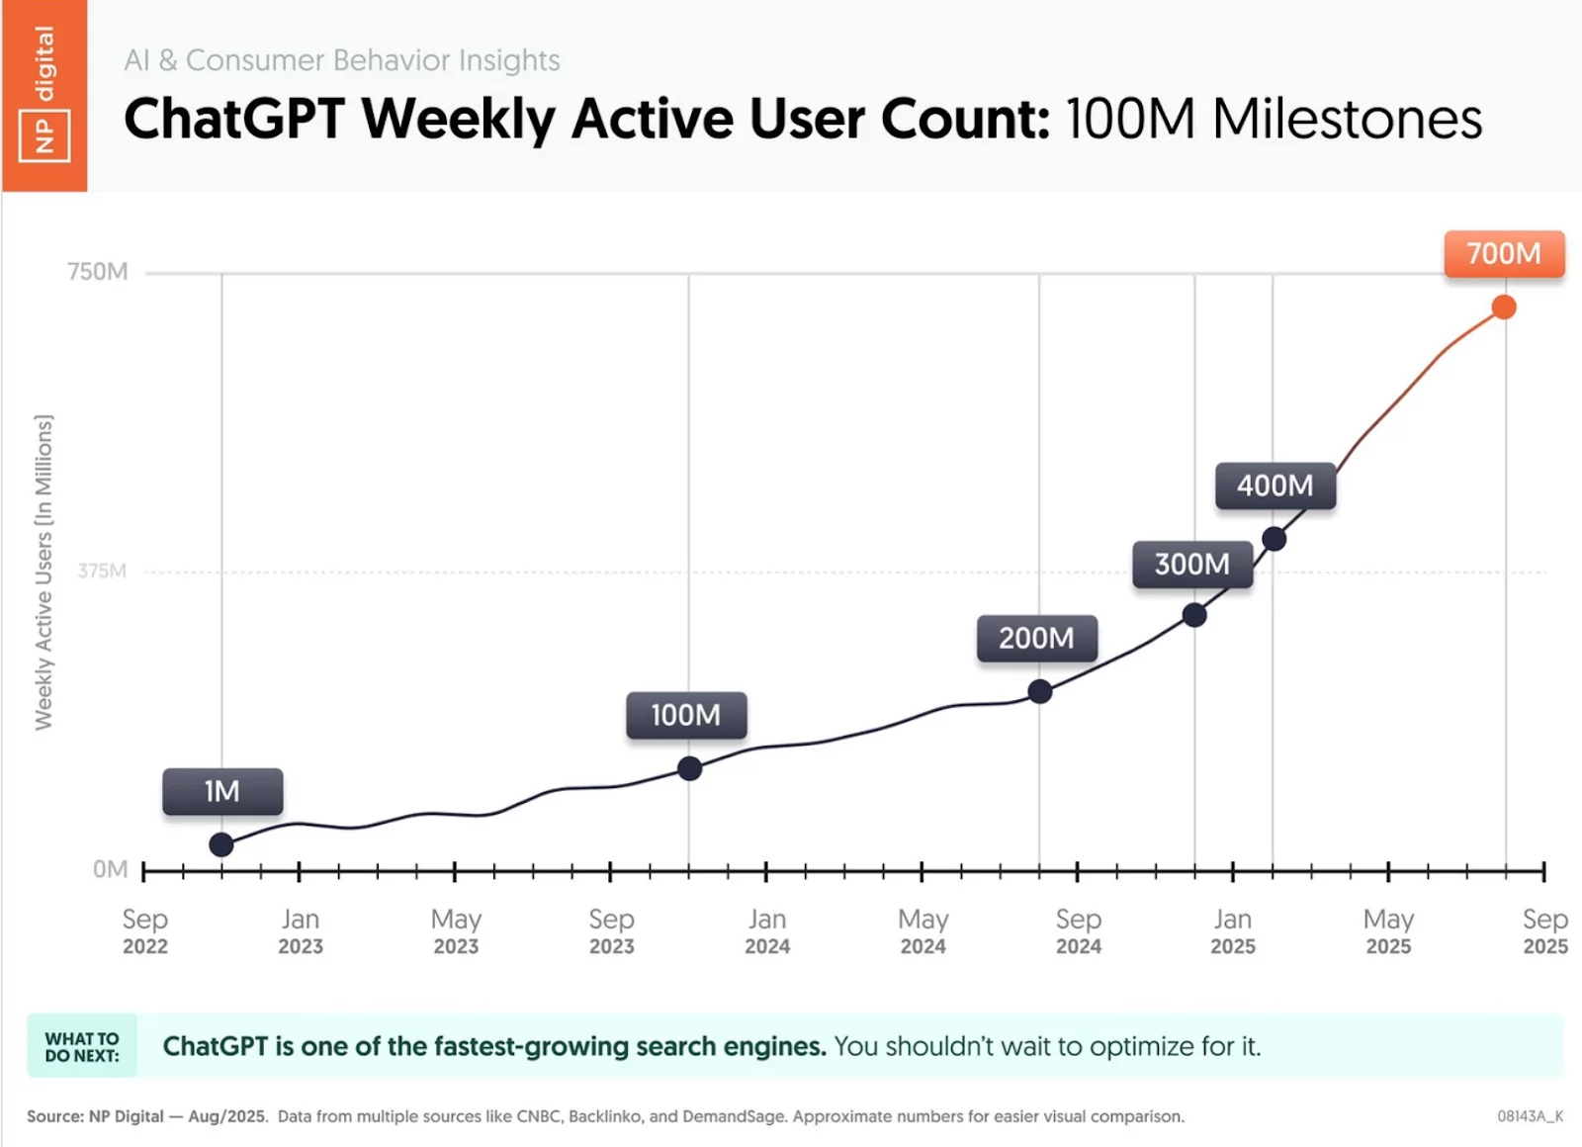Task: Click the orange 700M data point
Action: coord(1504,308)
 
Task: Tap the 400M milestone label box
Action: coord(1275,485)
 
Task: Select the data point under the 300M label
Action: coord(1194,615)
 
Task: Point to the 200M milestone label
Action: coord(1036,638)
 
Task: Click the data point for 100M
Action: coord(690,768)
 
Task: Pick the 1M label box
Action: coord(222,791)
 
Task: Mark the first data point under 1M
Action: coord(221,844)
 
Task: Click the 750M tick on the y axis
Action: coord(98,272)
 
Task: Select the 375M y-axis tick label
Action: coord(102,571)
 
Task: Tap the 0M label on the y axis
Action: coord(110,869)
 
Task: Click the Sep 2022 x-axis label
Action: coord(145,931)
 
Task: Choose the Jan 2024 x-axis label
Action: coord(767,931)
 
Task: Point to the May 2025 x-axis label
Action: coord(1388,931)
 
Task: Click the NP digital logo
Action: coord(44,95)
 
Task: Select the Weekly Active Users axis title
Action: coord(44,572)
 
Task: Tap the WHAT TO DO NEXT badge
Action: coord(82,1046)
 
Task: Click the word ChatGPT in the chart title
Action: coord(233,119)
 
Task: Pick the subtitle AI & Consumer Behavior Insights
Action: coord(342,60)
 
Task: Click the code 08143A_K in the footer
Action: coord(1530,1116)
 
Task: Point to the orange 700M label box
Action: coord(1504,253)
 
